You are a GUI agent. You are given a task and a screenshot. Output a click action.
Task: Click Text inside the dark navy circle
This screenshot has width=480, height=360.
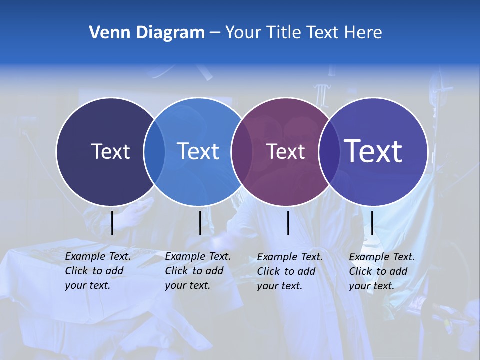click(x=110, y=151)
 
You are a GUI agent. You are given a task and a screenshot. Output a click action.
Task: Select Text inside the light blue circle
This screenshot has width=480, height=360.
click(x=198, y=151)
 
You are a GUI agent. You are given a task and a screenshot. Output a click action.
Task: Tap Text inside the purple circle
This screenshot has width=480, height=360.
click(x=285, y=151)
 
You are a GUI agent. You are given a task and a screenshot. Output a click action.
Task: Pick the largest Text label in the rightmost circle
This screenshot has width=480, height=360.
click(x=373, y=151)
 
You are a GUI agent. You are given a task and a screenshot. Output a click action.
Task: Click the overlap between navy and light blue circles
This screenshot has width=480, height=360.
click(x=154, y=152)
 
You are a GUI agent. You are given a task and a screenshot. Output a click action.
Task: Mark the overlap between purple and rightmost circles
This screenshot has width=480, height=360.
click(x=327, y=152)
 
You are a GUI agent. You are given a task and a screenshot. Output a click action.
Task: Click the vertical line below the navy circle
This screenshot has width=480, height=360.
click(x=112, y=223)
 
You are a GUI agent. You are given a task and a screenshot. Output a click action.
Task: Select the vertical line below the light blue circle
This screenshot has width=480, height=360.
click(x=200, y=223)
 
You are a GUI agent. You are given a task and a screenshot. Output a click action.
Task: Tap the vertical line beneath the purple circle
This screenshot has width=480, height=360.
click(x=288, y=223)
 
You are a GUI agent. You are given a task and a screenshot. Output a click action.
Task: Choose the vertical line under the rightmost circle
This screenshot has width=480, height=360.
click(x=372, y=223)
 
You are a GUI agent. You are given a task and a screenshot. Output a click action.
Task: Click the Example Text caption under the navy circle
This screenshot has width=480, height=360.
click(x=98, y=271)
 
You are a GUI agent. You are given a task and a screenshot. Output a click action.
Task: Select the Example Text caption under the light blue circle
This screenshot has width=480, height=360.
click(x=198, y=271)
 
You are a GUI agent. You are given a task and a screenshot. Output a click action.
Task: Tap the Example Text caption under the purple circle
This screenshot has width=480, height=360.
click(x=290, y=271)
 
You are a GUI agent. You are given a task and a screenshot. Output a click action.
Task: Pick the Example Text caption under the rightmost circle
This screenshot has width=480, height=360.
click(x=382, y=271)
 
